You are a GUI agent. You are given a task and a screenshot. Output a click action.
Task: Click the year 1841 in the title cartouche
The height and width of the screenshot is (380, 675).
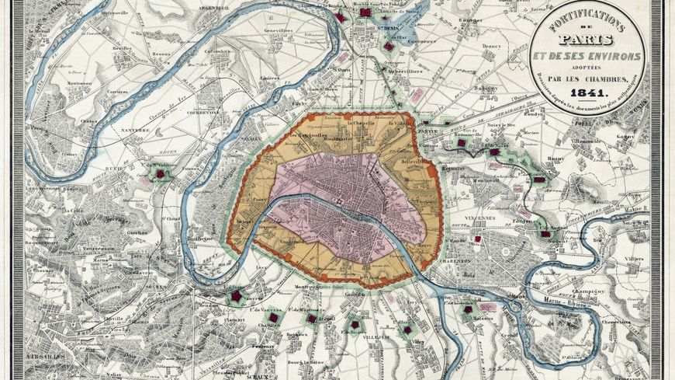tap(590, 93)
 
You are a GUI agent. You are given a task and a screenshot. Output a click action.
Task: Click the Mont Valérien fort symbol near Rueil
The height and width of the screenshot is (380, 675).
tap(161, 173)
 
